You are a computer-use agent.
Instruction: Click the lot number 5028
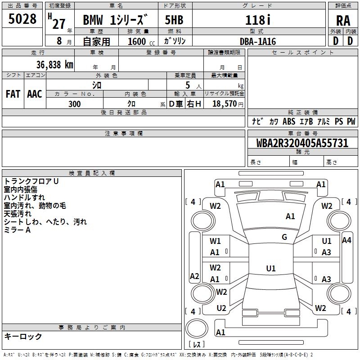click(x=22, y=19)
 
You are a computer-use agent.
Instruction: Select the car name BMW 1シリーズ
click(x=116, y=21)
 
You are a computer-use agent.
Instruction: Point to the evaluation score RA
click(x=343, y=21)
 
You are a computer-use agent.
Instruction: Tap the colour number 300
click(x=75, y=104)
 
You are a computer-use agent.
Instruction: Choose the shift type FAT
click(x=13, y=94)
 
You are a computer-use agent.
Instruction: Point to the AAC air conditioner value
click(x=34, y=94)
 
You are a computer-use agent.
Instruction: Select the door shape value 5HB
click(x=174, y=21)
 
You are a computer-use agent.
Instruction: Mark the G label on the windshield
click(x=284, y=237)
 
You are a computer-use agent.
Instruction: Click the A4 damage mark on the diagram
click(x=346, y=240)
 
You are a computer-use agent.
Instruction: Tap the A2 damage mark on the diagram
click(x=194, y=276)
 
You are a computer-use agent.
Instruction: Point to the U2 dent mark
click(x=221, y=308)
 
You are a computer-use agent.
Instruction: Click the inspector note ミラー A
click(x=17, y=230)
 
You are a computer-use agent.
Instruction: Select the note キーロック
click(x=23, y=336)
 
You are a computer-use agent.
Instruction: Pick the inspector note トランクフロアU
click(x=31, y=181)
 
